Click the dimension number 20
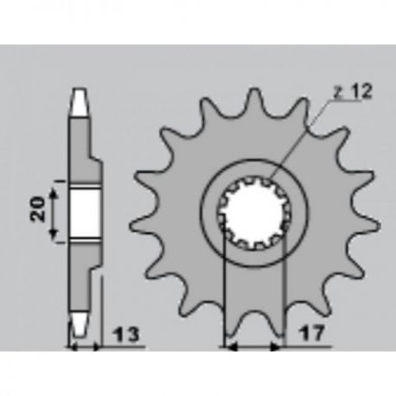coord(38,209)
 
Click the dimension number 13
coord(127,335)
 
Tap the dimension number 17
coord(312,334)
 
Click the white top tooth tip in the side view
coord(79,102)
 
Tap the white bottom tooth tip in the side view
coord(79,325)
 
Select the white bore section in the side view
coord(86,213)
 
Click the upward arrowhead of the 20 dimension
coord(53,193)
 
